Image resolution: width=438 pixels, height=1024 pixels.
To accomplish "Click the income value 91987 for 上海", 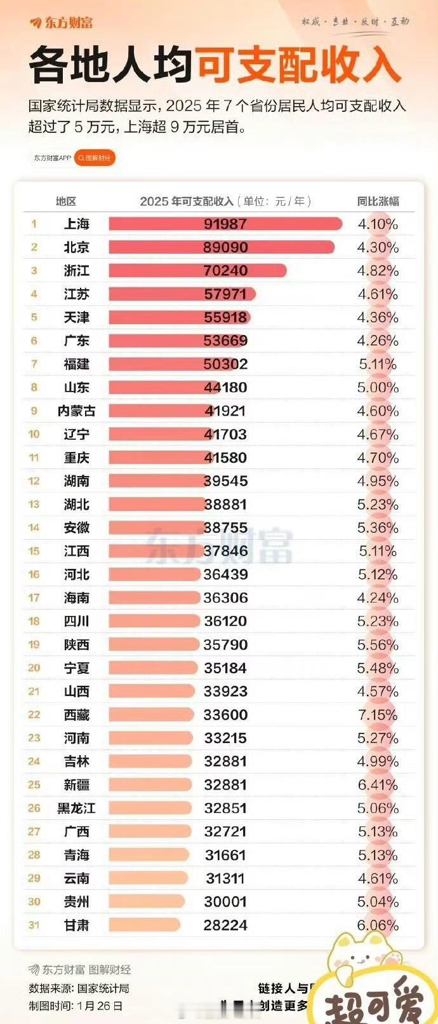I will click(225, 224).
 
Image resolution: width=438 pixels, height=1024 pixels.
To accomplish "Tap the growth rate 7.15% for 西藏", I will click(378, 714).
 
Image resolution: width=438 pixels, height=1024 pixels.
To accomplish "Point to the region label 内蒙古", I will click(76, 411).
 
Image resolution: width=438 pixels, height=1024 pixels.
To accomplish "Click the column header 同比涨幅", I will click(378, 201).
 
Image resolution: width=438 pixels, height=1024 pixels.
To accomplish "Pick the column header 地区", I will click(66, 201).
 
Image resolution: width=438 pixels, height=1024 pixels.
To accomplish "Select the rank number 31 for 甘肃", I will click(34, 925).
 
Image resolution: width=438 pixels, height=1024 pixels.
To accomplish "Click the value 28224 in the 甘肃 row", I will click(225, 925).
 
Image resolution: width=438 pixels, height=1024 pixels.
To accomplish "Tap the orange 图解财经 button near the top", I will click(95, 158).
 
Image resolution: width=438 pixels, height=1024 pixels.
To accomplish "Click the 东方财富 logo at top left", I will click(62, 23).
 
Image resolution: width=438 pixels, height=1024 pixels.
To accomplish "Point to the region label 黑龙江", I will click(76, 808).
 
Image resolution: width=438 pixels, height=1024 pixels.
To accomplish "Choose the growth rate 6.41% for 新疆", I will click(378, 784).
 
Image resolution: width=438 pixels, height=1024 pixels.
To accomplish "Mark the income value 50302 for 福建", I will click(225, 364).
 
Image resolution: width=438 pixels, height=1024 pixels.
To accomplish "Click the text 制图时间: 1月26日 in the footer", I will click(76, 1006).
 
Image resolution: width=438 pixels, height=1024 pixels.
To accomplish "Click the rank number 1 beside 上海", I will click(34, 224).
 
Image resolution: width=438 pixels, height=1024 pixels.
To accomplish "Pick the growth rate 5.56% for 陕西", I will click(378, 645).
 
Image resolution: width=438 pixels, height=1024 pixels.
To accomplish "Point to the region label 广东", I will click(76, 341).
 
